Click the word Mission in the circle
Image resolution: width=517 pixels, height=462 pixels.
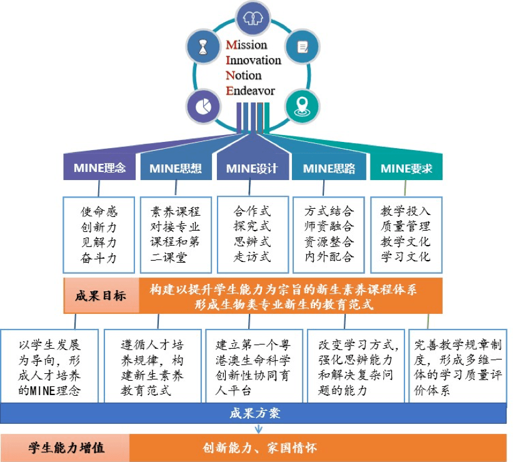246,44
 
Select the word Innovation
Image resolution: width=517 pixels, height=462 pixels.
253,60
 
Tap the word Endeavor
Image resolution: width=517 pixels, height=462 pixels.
250,91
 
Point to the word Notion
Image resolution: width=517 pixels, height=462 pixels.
243,75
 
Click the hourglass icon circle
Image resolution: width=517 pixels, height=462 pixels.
203,47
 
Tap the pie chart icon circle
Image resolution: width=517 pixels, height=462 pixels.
203,106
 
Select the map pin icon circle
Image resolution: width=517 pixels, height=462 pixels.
302,106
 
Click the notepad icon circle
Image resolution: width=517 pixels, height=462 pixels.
303,47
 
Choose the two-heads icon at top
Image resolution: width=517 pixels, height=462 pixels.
253,18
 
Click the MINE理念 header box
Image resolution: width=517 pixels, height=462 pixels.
99,168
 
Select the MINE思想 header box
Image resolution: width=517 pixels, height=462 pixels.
176,168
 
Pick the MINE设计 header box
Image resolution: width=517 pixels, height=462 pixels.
253,168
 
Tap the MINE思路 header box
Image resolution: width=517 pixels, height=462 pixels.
329,168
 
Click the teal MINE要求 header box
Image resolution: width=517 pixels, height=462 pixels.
406,168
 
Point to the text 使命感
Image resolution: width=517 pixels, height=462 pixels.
99,211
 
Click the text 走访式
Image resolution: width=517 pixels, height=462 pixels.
252,256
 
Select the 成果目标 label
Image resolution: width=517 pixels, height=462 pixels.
101,296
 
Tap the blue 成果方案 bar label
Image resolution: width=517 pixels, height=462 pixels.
255,413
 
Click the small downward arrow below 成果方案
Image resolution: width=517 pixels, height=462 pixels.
259,429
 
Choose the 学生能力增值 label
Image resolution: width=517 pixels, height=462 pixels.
67,448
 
